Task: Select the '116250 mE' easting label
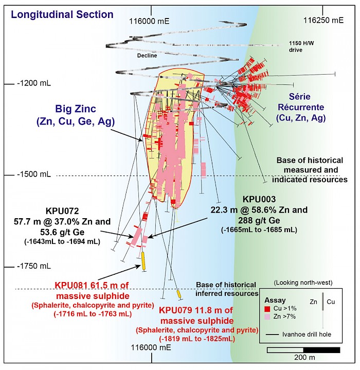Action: click(x=323, y=21)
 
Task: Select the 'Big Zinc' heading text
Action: click(x=76, y=109)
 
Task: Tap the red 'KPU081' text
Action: click(x=70, y=285)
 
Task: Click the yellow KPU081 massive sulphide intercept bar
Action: click(x=144, y=260)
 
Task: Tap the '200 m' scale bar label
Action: click(x=301, y=357)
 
